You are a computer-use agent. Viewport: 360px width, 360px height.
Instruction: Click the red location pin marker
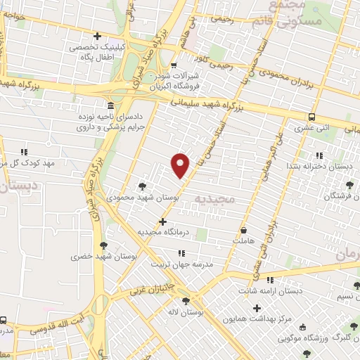click(x=181, y=165)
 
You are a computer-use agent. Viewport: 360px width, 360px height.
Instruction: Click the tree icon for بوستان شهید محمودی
click(x=143, y=187)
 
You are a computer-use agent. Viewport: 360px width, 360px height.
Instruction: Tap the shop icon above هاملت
click(x=244, y=230)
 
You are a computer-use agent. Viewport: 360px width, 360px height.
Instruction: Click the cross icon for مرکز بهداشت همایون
click(x=257, y=308)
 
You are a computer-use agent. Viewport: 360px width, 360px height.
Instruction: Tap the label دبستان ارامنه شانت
click(x=289, y=289)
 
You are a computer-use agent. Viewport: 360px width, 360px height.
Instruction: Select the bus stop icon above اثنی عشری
click(x=311, y=117)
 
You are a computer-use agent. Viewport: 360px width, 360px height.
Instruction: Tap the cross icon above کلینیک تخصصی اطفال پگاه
click(x=97, y=36)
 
